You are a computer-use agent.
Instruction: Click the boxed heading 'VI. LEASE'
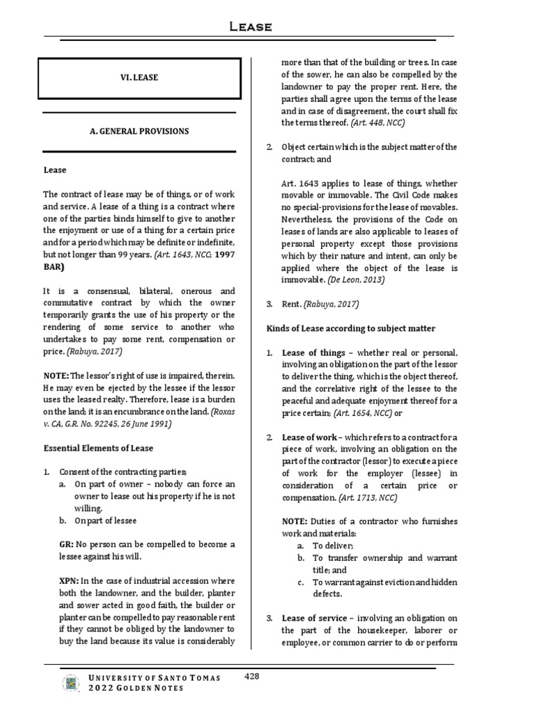[x=139, y=78]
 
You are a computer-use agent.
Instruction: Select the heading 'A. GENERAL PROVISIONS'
[x=139, y=131]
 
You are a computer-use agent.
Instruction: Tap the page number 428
[x=252, y=676]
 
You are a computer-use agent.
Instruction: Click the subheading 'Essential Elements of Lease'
[x=98, y=448]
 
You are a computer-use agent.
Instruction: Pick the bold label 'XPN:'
[x=69, y=580]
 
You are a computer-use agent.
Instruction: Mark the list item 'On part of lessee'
[x=105, y=520]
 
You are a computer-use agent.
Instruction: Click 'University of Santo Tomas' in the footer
[x=156, y=677]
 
